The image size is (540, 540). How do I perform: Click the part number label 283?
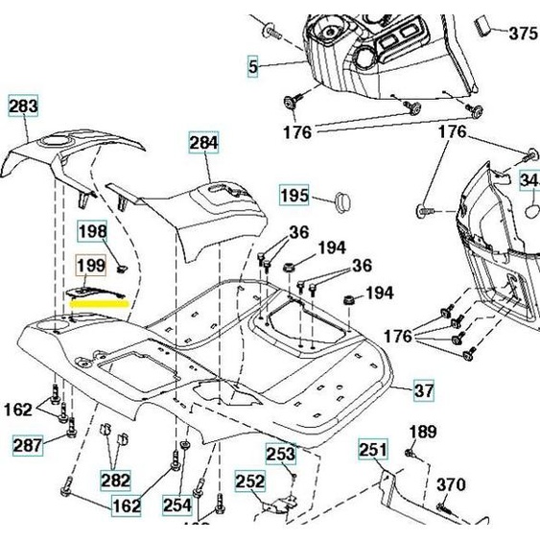point(24,106)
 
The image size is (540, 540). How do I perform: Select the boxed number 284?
point(203,145)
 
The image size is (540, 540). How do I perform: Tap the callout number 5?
point(253,67)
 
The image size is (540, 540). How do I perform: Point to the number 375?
point(523,34)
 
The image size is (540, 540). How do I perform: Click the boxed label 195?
point(294,196)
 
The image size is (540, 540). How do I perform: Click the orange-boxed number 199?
point(91,265)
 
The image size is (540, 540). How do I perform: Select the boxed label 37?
point(424,390)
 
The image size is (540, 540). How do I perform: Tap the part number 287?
point(27,444)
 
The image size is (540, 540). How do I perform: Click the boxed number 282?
point(116,479)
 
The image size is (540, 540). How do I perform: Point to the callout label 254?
point(176,504)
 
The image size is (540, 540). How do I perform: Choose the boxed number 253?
point(280,454)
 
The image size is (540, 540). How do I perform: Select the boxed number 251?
point(373,449)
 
